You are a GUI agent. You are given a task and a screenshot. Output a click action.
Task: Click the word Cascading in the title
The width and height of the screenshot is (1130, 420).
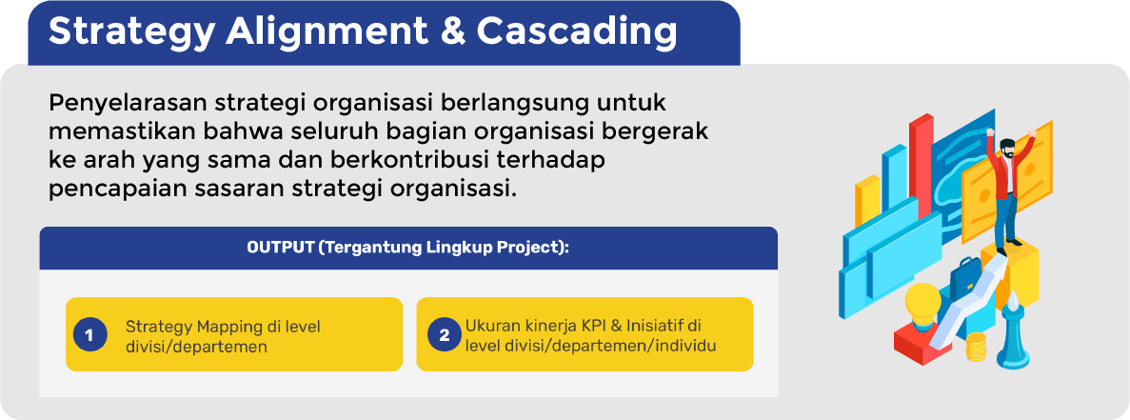pos(577,33)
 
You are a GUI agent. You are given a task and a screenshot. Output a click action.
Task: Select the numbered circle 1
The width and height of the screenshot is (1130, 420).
pos(89,335)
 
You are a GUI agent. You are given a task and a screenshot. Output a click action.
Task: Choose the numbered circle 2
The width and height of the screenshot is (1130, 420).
pos(444,335)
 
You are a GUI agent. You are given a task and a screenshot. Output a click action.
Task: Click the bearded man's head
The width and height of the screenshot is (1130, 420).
pos(1007,150)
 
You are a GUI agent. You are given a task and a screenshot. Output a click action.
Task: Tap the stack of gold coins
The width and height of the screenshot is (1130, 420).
pos(976,347)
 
